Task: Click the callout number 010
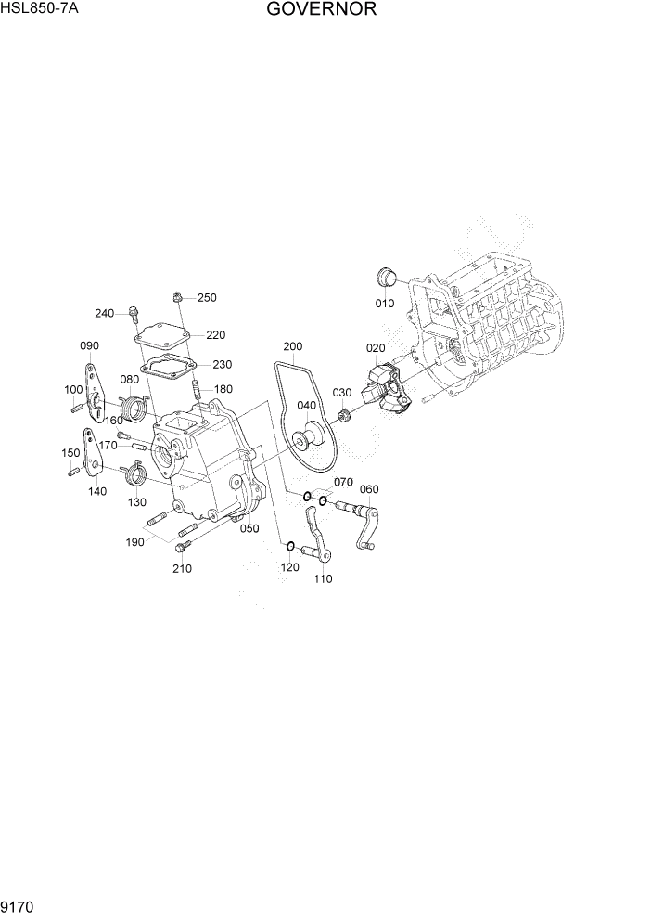384,304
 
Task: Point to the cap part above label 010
386,277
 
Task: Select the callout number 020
375,348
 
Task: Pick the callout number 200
293,346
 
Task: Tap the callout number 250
207,298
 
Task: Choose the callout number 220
216,335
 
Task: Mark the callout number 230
222,365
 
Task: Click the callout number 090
89,345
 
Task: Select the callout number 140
97,492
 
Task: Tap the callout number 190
135,542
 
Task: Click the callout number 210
183,568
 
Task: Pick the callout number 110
323,578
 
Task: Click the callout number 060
368,489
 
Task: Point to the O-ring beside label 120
289,546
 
